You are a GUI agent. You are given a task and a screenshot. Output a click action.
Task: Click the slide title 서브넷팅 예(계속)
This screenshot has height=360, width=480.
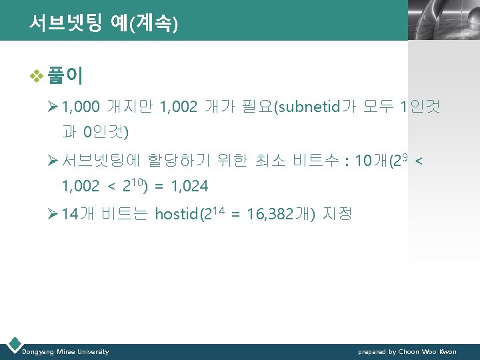(103, 24)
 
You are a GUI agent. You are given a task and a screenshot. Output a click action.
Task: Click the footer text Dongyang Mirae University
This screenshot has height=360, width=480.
(65, 351)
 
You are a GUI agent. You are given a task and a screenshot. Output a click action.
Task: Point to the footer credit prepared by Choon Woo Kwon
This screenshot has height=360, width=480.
(407, 351)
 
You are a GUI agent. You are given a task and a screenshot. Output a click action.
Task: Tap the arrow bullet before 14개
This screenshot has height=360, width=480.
(53, 214)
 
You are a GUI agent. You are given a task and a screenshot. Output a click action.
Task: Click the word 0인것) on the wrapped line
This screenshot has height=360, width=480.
(106, 132)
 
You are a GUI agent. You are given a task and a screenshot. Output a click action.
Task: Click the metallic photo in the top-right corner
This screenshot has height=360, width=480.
(443, 20)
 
